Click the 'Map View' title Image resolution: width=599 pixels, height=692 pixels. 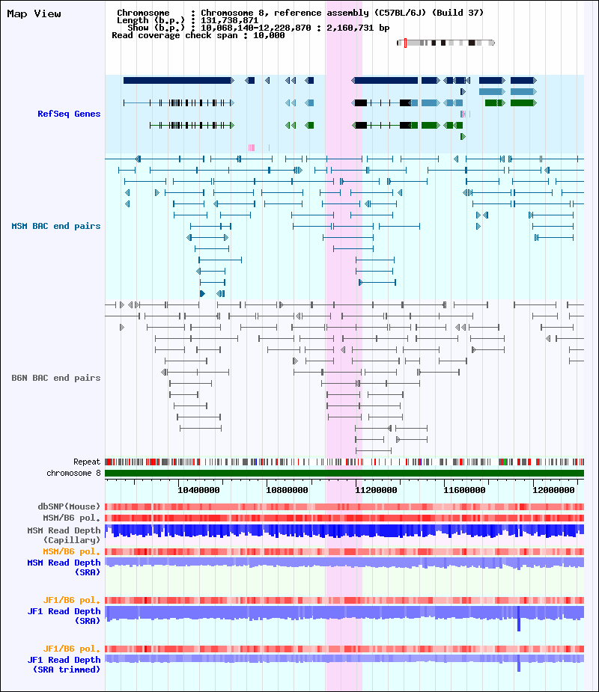(x=34, y=13)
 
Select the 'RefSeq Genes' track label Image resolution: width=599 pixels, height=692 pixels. (x=69, y=114)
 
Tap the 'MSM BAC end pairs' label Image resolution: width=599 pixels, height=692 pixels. (x=56, y=226)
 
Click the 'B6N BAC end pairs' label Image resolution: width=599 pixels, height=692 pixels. (x=56, y=378)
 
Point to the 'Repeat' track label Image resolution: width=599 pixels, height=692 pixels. (x=87, y=462)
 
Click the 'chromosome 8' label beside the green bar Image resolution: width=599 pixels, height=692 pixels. (x=74, y=473)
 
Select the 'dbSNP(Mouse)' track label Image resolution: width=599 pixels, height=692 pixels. (x=69, y=506)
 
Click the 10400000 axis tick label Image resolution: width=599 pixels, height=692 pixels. (x=198, y=490)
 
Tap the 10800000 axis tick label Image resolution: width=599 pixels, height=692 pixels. (x=287, y=490)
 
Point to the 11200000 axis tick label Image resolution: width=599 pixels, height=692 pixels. (x=376, y=490)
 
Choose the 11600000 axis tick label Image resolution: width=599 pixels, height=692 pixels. (x=464, y=490)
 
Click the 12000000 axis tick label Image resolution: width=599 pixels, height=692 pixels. (x=553, y=490)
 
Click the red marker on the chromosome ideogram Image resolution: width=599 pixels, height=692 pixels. (x=405, y=43)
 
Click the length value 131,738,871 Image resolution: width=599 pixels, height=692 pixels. (x=229, y=20)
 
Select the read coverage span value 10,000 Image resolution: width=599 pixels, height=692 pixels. (x=269, y=35)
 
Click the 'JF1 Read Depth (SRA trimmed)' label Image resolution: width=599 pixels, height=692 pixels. (x=64, y=664)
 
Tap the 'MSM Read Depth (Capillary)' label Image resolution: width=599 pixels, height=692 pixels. (x=64, y=535)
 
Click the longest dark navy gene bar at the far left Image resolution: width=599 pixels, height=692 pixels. (x=178, y=80)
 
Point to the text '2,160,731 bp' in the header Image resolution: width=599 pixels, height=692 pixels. (x=358, y=28)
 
